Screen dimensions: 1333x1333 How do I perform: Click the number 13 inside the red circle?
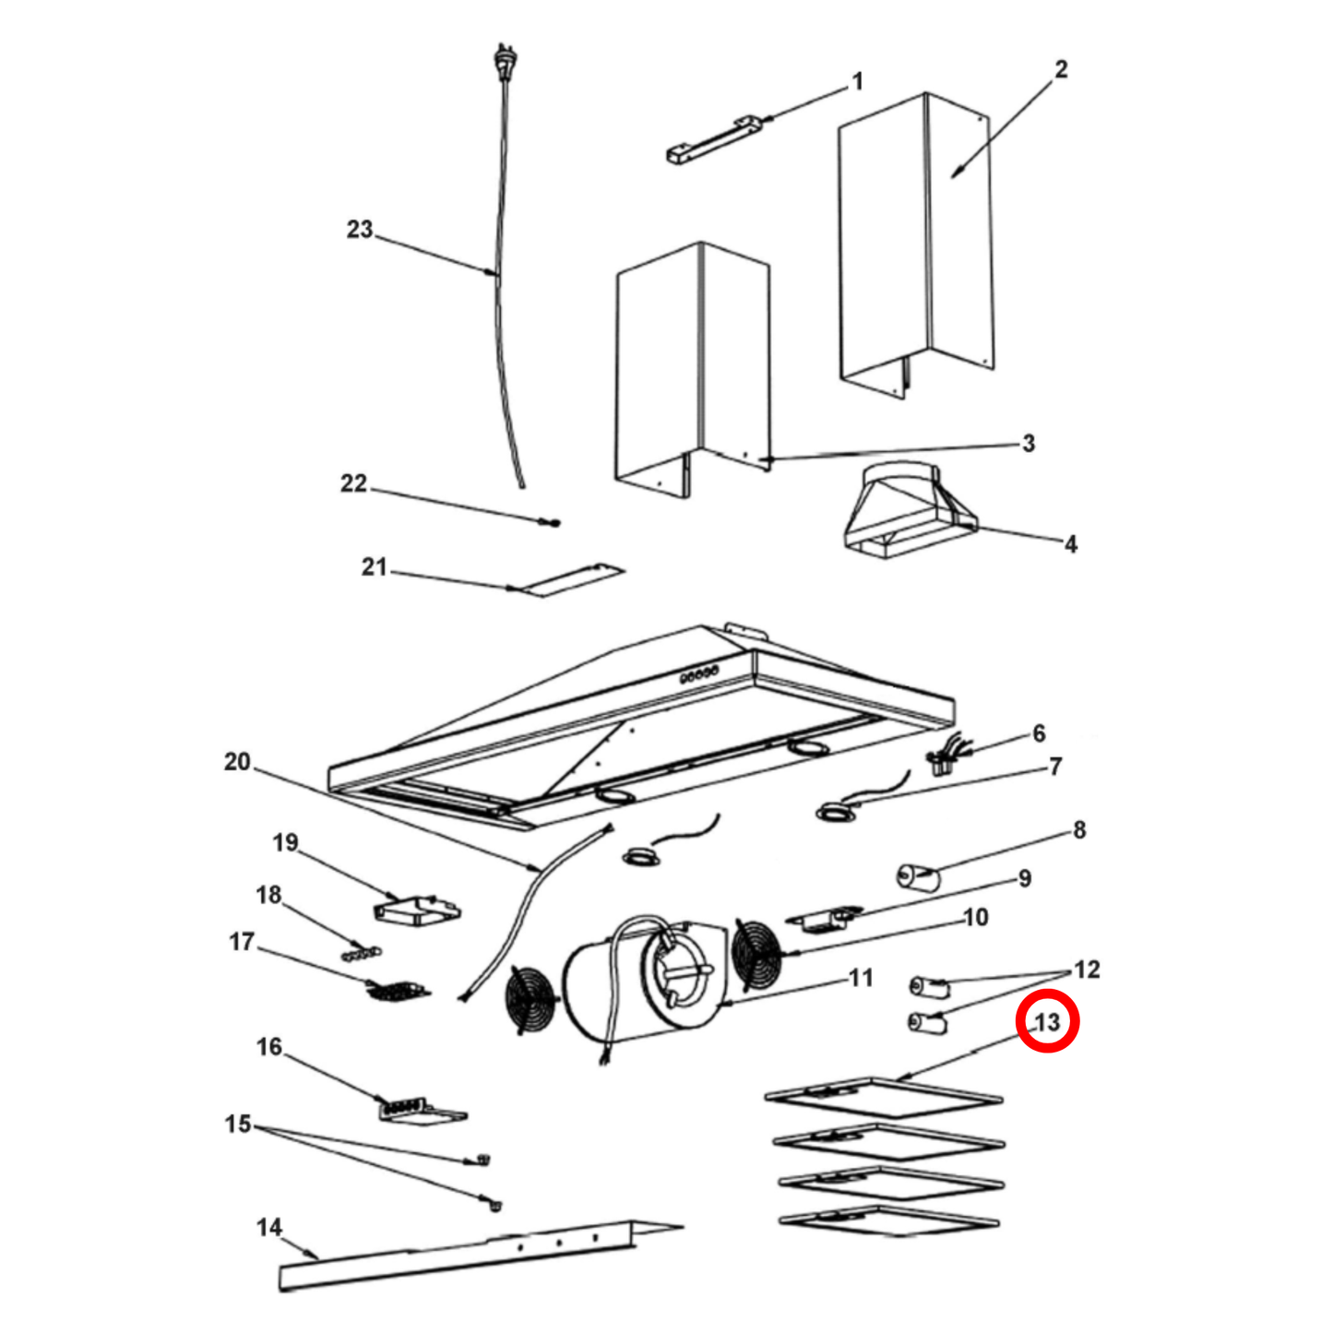[x=1047, y=1022]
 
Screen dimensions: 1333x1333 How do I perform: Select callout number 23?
[x=359, y=229]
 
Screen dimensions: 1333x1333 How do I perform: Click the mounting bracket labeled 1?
[x=711, y=140]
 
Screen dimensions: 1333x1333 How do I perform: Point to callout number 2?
[x=1061, y=69]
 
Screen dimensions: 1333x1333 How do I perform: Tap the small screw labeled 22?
[x=553, y=524]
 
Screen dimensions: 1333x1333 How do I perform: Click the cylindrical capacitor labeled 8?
[x=918, y=875]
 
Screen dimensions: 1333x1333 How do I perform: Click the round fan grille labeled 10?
[x=756, y=953]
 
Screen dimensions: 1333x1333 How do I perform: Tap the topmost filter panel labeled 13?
[x=884, y=1097]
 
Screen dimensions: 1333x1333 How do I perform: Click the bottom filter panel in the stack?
[x=888, y=1220]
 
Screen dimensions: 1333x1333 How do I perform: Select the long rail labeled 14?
[x=461, y=1256]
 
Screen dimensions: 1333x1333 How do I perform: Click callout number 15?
[x=238, y=1125]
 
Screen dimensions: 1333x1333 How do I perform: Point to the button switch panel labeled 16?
[x=420, y=1110]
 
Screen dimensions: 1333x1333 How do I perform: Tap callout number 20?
[x=237, y=762]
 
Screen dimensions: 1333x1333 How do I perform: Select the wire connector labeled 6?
[x=943, y=760]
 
